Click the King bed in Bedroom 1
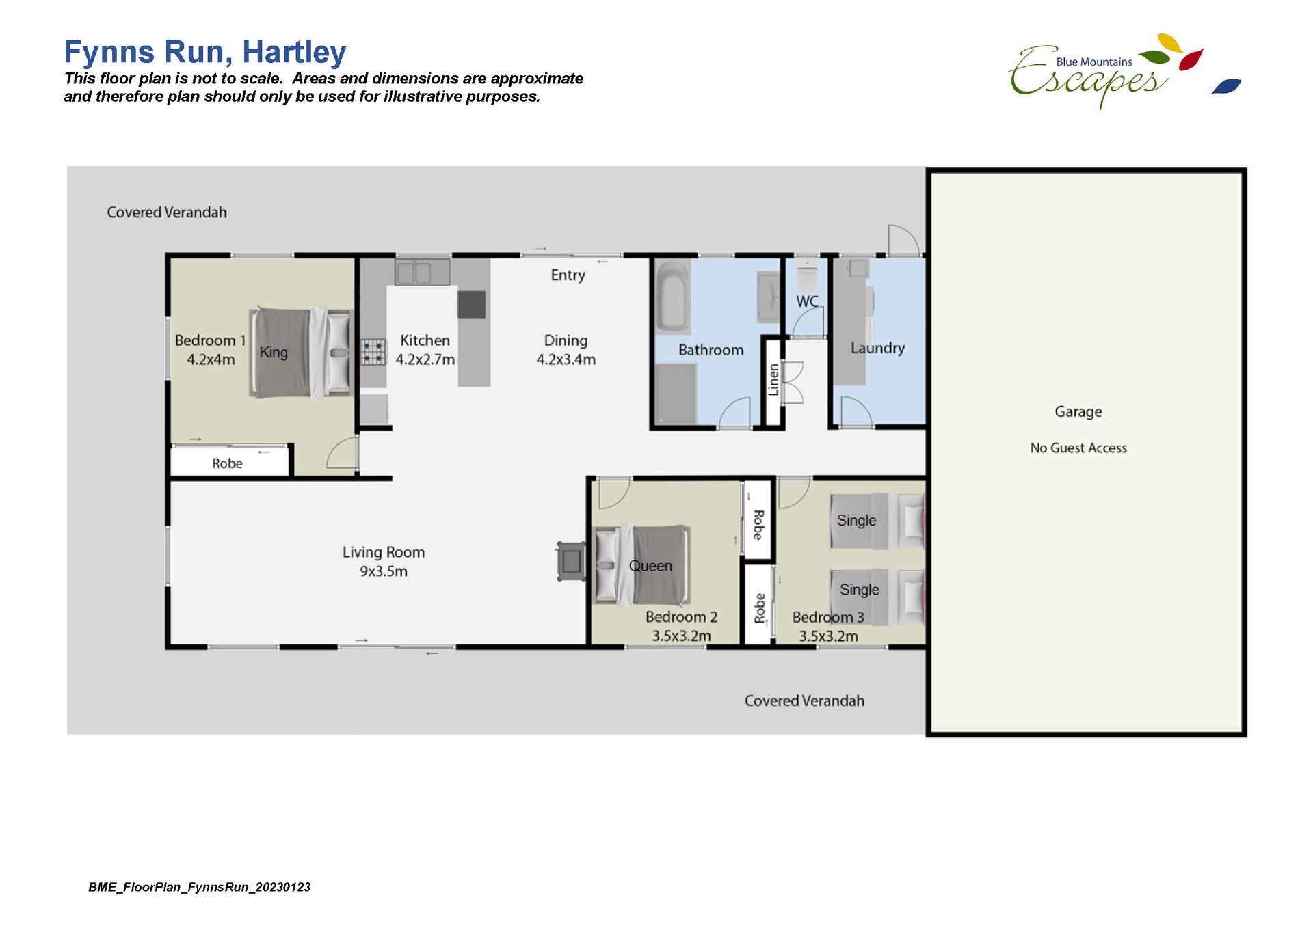tap(300, 353)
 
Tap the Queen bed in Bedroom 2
tap(641, 565)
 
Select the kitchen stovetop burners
tap(373, 353)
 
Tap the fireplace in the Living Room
tap(571, 561)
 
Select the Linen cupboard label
tap(773, 380)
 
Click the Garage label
tap(1078, 411)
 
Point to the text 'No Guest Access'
tap(1078, 448)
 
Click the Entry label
tap(568, 275)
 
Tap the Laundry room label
tap(877, 348)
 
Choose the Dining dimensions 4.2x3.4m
tap(566, 359)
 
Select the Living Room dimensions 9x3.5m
tap(384, 571)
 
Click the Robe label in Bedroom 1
tap(227, 463)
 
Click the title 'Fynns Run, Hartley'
tap(205, 52)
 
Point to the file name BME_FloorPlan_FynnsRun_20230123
tap(199, 887)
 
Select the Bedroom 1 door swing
tap(342, 452)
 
